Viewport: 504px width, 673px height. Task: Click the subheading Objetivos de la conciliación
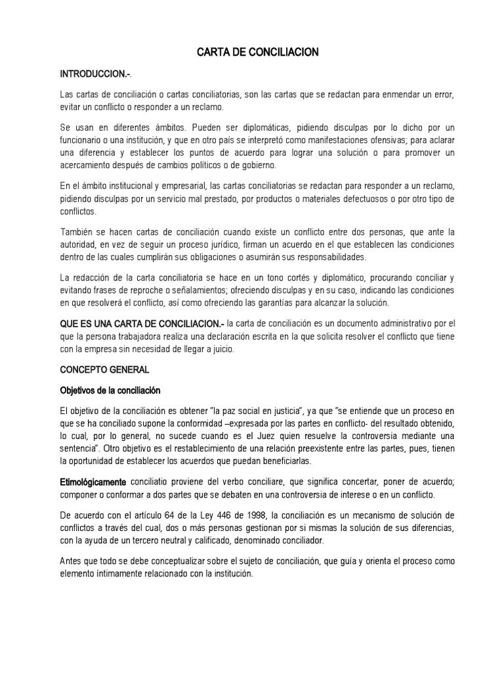coord(110,390)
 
